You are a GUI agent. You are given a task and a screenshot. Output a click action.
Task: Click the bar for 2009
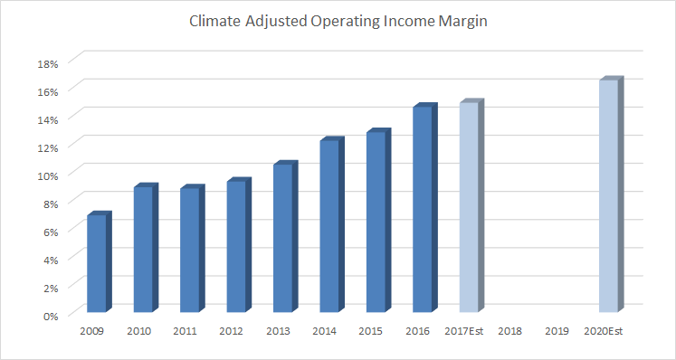[97, 264]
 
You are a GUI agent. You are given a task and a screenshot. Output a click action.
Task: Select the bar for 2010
[143, 251]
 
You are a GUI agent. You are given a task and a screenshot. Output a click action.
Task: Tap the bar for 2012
[236, 247]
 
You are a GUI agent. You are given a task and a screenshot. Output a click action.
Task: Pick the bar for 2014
[329, 227]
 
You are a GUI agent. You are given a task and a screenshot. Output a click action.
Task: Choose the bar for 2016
[423, 211]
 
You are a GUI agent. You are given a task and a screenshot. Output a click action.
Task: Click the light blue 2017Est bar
[469, 208]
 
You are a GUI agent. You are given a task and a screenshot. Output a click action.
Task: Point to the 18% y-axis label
[48, 62]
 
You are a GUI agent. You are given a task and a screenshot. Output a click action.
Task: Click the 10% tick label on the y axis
[48, 175]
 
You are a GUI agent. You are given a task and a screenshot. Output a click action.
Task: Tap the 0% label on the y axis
[51, 315]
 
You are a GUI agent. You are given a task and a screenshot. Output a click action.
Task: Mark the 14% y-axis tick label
[48, 118]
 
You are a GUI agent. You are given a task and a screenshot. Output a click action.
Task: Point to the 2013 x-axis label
[278, 332]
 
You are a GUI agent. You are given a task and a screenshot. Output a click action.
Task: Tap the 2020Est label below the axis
[605, 332]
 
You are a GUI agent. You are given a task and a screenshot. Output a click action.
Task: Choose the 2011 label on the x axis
[185, 332]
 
